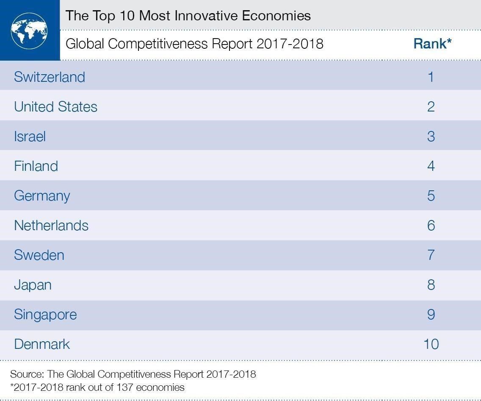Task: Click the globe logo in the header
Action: click(x=29, y=31)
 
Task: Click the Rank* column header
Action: click(x=432, y=44)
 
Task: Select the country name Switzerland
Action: click(x=50, y=77)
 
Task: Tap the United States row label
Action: click(x=55, y=107)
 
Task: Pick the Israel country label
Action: click(x=30, y=136)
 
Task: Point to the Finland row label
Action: click(x=36, y=166)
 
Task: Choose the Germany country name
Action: click(x=42, y=196)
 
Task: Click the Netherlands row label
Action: click(x=51, y=226)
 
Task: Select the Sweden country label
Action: click(x=39, y=255)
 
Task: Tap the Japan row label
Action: click(x=33, y=285)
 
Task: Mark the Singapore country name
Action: click(x=45, y=315)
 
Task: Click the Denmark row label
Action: click(x=42, y=344)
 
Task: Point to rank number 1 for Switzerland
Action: click(x=431, y=77)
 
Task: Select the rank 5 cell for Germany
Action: click(x=431, y=196)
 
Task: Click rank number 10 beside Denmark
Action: click(x=431, y=344)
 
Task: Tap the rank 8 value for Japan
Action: click(x=431, y=285)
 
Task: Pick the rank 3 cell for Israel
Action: click(x=431, y=136)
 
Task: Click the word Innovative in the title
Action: click(x=199, y=16)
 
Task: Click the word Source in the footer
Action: click(x=27, y=374)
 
